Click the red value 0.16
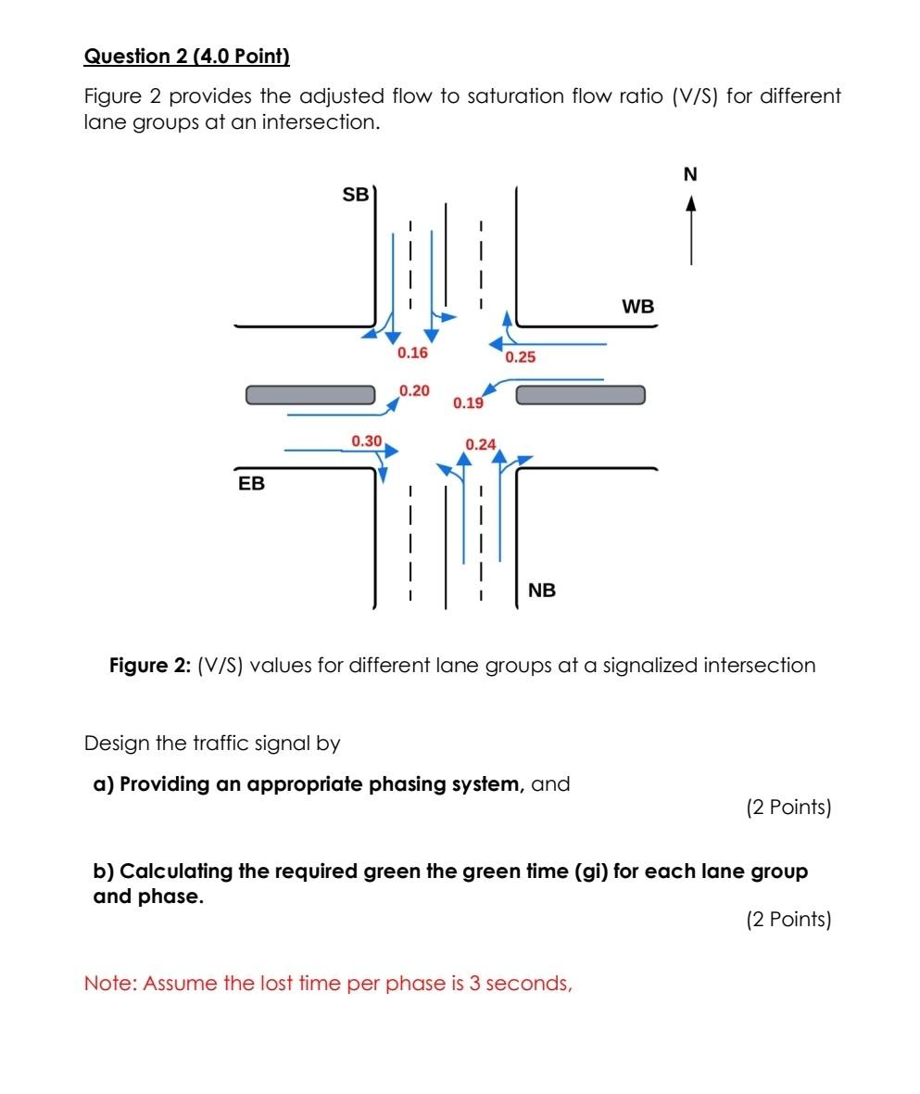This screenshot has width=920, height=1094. pyautogui.click(x=412, y=353)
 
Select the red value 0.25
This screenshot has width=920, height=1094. pyautogui.click(x=521, y=357)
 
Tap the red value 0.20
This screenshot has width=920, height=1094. pyautogui.click(x=414, y=391)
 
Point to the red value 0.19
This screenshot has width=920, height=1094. pyautogui.click(x=468, y=403)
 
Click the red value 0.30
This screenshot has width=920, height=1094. pyautogui.click(x=367, y=440)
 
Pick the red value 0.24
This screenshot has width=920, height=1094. pyautogui.click(x=481, y=445)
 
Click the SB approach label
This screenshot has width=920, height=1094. pyautogui.click(x=355, y=195)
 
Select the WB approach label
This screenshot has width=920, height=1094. pyautogui.click(x=637, y=307)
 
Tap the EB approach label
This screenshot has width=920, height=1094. pyautogui.click(x=251, y=484)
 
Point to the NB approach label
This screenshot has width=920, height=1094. pyautogui.click(x=542, y=591)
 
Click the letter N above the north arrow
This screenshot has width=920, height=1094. pyautogui.click(x=690, y=174)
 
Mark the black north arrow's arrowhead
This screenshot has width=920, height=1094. pyautogui.click(x=690, y=202)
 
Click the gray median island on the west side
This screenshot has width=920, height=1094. pyautogui.click(x=310, y=395)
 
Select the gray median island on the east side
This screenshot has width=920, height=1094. pyautogui.click(x=580, y=395)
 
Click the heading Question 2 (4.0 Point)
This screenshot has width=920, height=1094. pyautogui.click(x=186, y=57)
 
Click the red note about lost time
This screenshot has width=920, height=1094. pyautogui.click(x=328, y=983)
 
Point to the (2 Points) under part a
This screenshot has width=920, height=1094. pyautogui.click(x=788, y=808)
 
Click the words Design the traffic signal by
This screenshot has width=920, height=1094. pyautogui.click(x=212, y=744)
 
